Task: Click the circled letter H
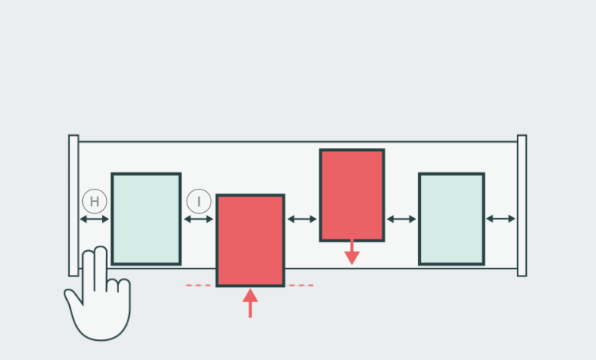[94, 202]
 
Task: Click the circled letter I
[199, 202]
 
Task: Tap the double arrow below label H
[94, 220]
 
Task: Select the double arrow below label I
[199, 220]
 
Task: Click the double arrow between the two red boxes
[302, 220]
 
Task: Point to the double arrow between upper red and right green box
[401, 220]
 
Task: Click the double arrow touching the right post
[501, 220]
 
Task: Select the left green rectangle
[146, 219]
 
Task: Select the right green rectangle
[452, 219]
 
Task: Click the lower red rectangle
[250, 240]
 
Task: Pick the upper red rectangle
[352, 195]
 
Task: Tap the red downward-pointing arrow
[352, 253]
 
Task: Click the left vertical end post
[73, 205]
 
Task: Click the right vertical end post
[521, 205]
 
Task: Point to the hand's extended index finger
[99, 265]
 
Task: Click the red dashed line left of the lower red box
[197, 286]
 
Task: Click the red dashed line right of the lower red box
[300, 286]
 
